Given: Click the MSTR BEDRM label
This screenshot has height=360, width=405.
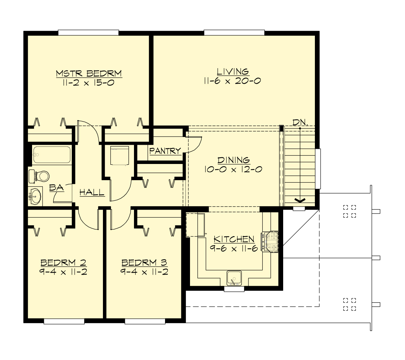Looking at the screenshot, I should (88, 73).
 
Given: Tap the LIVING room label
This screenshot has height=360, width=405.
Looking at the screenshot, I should (233, 72).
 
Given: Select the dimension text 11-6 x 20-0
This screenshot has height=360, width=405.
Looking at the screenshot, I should (232, 81).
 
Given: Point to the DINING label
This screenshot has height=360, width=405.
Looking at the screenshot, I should (234, 160).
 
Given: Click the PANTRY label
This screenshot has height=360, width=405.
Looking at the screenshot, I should (165, 151).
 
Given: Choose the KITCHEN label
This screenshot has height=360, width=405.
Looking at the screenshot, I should (234, 239).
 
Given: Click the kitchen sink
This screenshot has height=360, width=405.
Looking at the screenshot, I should (234, 277).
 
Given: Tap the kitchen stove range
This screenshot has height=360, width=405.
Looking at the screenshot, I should (271, 242).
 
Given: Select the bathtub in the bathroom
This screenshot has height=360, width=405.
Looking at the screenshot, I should (51, 155).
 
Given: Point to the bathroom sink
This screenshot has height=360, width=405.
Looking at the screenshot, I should (35, 196).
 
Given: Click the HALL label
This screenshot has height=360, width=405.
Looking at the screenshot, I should (92, 193).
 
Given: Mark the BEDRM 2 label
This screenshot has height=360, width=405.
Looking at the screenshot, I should (63, 262).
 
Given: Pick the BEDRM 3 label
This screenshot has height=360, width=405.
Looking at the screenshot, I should (144, 262).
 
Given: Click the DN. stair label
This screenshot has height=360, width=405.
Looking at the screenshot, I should (300, 122).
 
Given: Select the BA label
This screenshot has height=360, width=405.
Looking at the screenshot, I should (56, 188).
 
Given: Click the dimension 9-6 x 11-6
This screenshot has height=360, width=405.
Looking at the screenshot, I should (234, 249).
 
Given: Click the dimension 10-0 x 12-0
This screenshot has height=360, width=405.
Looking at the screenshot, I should (233, 169).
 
